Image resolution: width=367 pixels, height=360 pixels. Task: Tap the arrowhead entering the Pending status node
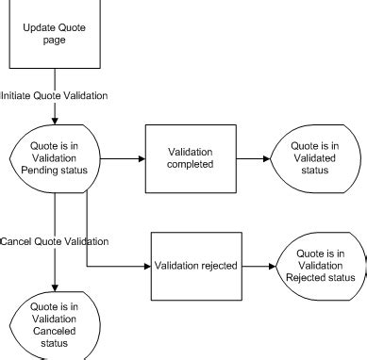pyautogui.click(x=54, y=120)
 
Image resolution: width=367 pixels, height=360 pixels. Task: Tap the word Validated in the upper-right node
pyautogui.click(x=313, y=157)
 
